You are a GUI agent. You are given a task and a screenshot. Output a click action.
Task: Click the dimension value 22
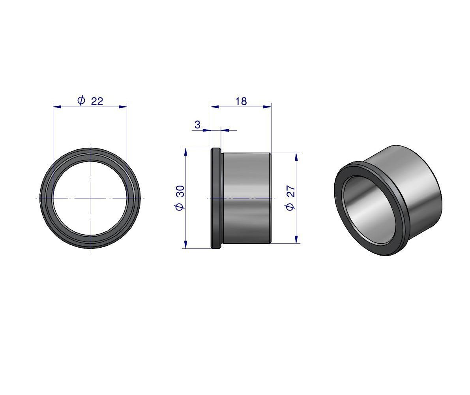(97, 101)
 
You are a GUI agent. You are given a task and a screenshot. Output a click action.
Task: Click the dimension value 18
(241, 102)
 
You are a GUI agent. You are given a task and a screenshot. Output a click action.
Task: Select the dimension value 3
(197, 124)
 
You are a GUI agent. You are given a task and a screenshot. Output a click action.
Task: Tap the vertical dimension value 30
(181, 191)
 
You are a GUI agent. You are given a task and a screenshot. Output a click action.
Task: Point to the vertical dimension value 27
(291, 191)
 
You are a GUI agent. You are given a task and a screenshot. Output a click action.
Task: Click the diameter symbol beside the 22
(81, 100)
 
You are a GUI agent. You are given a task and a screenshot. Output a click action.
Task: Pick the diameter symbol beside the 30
(180, 206)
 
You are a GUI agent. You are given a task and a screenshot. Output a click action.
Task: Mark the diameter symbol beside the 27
(291, 207)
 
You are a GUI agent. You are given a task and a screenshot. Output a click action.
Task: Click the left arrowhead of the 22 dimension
(57, 107)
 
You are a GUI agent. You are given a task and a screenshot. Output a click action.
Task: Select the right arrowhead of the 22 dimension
(123, 107)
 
